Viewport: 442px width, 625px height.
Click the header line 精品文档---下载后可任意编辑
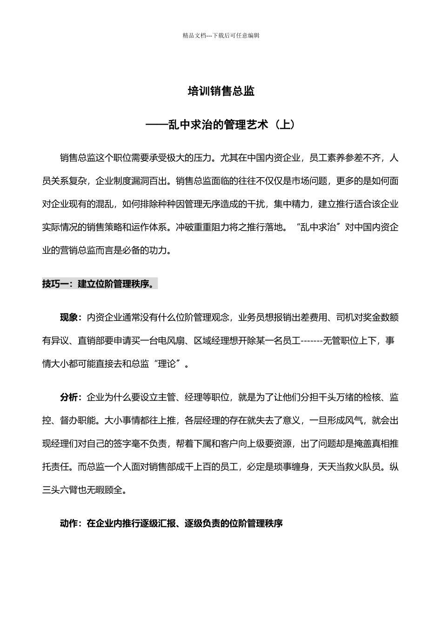coord(221,35)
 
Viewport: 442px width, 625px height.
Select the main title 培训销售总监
coord(221,91)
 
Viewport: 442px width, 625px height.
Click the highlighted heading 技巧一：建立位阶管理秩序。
coord(100,284)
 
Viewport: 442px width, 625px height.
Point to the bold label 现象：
coord(71,318)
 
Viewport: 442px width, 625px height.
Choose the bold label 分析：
coord(71,398)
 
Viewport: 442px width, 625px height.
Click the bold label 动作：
coord(71,523)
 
